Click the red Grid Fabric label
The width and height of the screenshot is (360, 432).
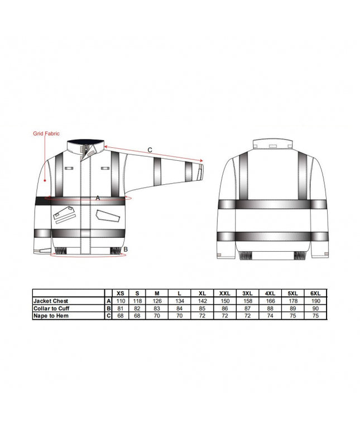(x=46, y=133)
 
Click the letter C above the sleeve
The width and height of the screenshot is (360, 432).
(x=150, y=150)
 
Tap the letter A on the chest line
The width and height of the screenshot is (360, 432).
(x=98, y=198)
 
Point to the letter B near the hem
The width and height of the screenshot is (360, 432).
(x=126, y=249)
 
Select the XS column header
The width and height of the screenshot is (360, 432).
(x=121, y=294)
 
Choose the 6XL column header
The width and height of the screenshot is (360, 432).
(x=315, y=294)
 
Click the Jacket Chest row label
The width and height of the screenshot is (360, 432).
(x=51, y=301)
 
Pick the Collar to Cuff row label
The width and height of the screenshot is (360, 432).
(x=51, y=308)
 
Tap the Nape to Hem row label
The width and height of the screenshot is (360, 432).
(x=51, y=316)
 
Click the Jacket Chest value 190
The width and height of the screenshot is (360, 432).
(x=316, y=301)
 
